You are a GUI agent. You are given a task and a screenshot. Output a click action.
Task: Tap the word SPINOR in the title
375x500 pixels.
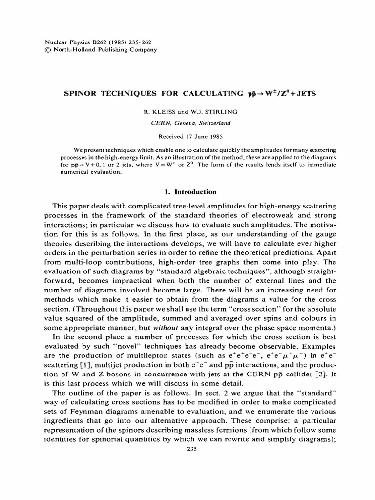82,93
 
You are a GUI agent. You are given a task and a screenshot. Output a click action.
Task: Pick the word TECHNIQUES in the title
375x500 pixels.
133,93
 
